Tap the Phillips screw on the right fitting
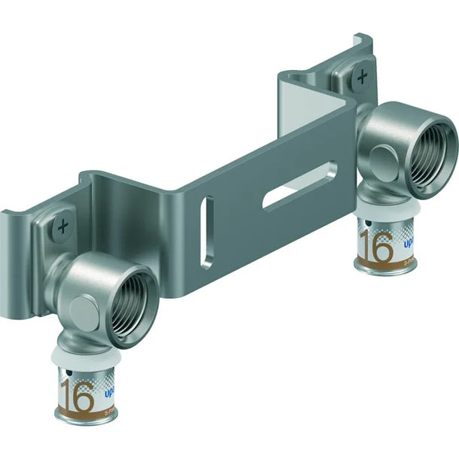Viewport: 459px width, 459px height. click(x=364, y=76)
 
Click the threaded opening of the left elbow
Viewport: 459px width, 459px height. click(x=138, y=287)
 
